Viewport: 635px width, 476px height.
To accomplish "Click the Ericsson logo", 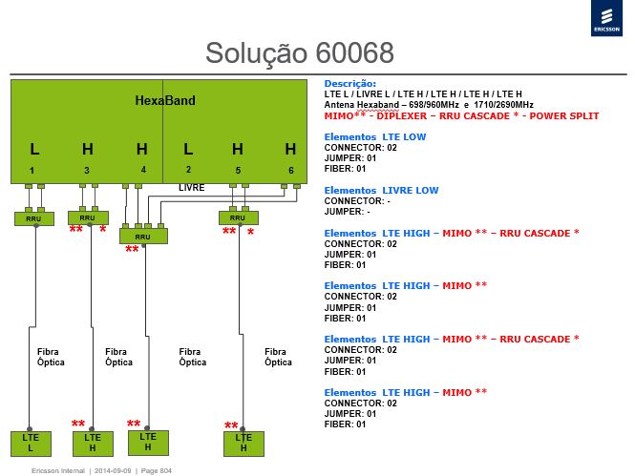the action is tap(606, 18).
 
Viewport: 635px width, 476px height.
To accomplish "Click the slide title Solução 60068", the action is tap(300, 52).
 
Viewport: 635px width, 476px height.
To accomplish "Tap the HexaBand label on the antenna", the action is tap(165, 100).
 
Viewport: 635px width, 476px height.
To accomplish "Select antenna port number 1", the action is tap(32, 171).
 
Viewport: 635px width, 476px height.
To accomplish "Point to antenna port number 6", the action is tap(291, 171).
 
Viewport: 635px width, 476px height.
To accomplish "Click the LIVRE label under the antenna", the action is tap(192, 188).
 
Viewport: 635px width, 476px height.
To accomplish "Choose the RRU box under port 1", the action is tap(34, 218).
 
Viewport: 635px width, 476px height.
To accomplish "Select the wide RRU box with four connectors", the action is tap(143, 237).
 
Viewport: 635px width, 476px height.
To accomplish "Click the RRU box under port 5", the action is tap(239, 217).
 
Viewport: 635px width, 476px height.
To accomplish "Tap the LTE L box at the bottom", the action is tap(31, 444).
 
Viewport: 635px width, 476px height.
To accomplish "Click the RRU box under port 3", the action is tap(88, 217).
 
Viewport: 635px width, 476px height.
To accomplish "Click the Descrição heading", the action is tap(349, 84).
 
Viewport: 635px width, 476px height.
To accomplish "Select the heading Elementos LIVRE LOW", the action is tap(381, 190).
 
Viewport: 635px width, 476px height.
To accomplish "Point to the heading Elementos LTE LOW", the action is tap(375, 136).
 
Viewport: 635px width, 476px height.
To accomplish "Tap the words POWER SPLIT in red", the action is tap(564, 116).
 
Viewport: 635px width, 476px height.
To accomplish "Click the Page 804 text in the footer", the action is tap(157, 470).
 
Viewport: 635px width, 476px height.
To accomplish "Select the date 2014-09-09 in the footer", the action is tap(113, 470).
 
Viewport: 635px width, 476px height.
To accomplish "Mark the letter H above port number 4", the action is tap(141, 149).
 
